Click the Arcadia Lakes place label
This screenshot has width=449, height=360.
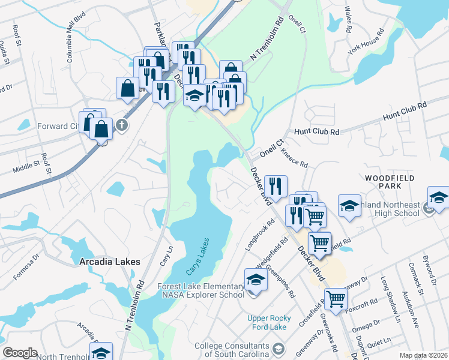tap(110, 262)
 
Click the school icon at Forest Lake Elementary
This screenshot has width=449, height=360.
tap(255, 280)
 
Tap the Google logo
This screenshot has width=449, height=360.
tap(20, 353)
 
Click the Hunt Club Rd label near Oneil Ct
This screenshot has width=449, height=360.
tap(316, 132)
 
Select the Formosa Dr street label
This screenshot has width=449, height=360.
tap(26, 265)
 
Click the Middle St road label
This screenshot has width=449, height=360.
tap(27, 163)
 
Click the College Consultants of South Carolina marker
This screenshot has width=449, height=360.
tap(279, 348)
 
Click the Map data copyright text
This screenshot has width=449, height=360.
tap(424, 355)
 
